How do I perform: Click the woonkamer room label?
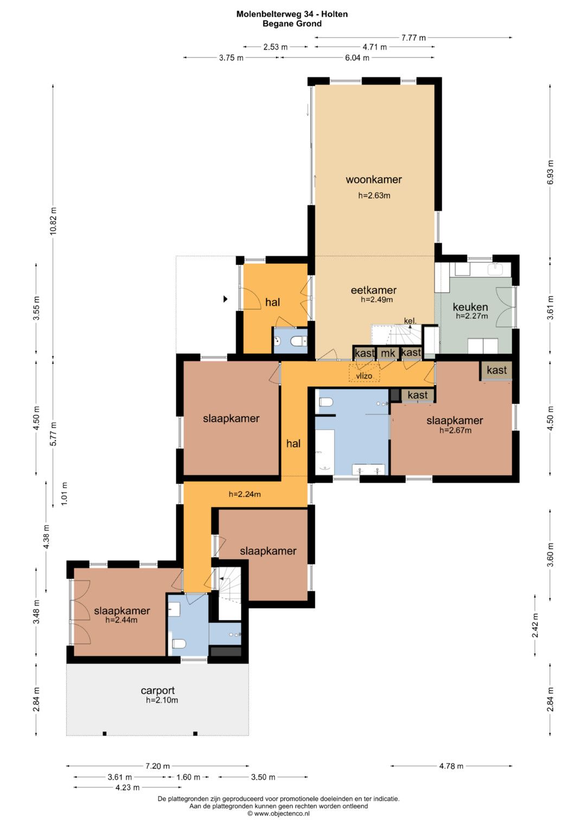374,179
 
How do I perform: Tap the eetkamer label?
374,290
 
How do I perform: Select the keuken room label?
470,307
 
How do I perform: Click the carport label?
157,690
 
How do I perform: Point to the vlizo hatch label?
364,376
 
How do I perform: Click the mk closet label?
388,354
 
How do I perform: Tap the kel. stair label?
410,321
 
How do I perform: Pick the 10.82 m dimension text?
54,221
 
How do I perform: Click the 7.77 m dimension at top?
413,37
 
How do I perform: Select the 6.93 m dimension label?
550,172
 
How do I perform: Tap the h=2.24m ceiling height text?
245,494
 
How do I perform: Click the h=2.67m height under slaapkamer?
455,430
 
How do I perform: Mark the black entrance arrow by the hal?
225,299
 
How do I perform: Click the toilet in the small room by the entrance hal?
298,341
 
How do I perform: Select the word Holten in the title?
334,14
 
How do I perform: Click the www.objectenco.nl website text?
282,813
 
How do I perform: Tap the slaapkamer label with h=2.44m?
122,611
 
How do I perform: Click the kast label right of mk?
411,352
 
